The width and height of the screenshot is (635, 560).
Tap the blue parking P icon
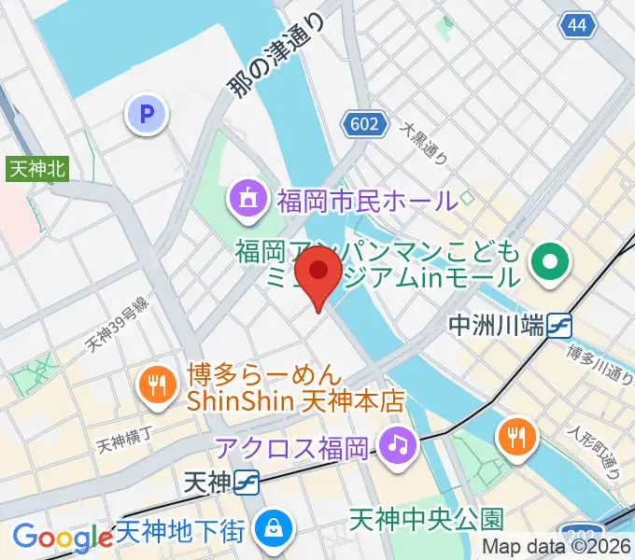(x=145, y=115)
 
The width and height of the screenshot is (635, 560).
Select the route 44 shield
(x=579, y=25)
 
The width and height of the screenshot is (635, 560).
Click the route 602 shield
(x=359, y=123)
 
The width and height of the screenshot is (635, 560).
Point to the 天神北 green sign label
(x=37, y=169)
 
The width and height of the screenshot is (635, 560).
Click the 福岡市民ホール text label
(x=366, y=199)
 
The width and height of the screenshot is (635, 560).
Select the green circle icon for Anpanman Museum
(x=550, y=263)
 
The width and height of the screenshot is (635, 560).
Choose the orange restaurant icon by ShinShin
(x=156, y=384)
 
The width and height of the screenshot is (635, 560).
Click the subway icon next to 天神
(x=247, y=483)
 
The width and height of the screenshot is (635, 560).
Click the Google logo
(x=62, y=537)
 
